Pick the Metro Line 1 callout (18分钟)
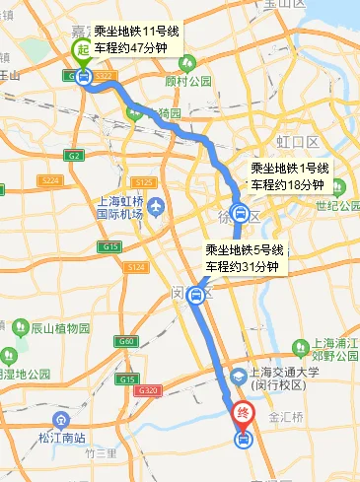290,177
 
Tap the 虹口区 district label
293,126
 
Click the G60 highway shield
125,341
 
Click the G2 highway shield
75,156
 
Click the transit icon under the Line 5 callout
198,294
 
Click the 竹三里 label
101,453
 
